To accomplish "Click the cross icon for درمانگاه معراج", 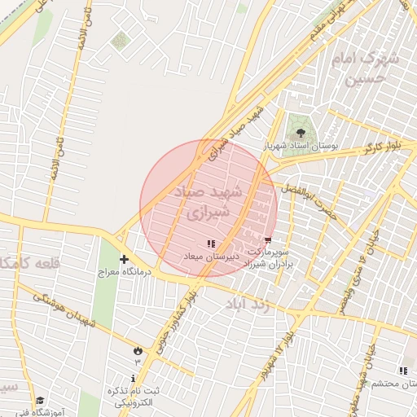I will pyautogui.click(x=124, y=260).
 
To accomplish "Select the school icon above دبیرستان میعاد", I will pyautogui.click(x=212, y=244).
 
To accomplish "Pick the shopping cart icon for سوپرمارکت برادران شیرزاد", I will pyautogui.click(x=268, y=239).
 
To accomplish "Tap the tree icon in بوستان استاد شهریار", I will pyautogui.click(x=301, y=132).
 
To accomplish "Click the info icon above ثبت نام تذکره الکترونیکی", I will pyautogui.click(x=134, y=378).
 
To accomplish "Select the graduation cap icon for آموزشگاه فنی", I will pyautogui.click(x=41, y=401).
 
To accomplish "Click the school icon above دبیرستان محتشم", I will pyautogui.click(x=403, y=371).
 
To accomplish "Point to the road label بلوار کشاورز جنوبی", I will pyautogui.click(x=179, y=316).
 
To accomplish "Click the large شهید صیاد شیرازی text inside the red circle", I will pyautogui.click(x=209, y=202).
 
